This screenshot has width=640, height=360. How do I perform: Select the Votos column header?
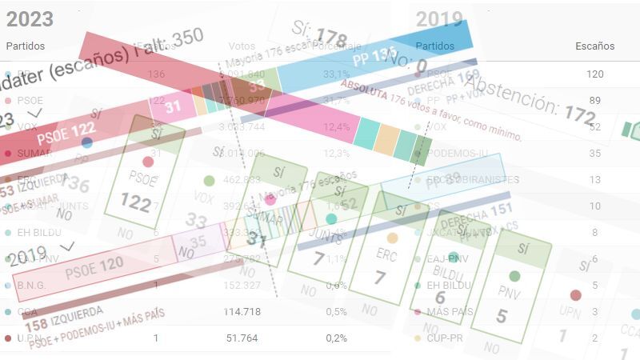point(242,46)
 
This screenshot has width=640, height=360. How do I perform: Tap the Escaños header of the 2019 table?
point(594,46)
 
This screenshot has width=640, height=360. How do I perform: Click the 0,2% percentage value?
point(336,338)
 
